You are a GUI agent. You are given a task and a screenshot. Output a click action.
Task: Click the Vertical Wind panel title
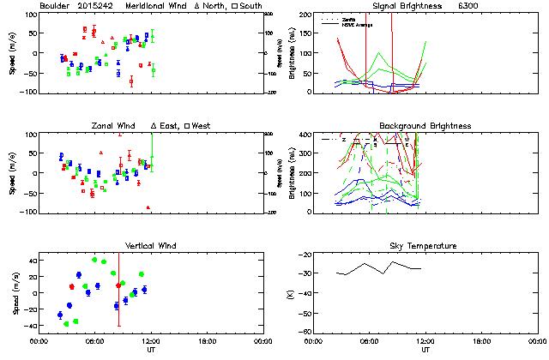click(x=150, y=246)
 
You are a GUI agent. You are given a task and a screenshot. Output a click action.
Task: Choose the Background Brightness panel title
click(x=425, y=126)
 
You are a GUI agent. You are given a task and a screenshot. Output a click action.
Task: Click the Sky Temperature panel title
click(x=425, y=246)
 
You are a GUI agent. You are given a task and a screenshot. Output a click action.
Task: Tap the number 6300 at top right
click(x=469, y=6)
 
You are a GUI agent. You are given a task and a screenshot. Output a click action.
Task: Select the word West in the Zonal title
click(x=202, y=126)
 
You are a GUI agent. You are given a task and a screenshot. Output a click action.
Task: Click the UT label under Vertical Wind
click(x=150, y=349)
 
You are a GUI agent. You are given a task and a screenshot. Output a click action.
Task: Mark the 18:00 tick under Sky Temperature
click(x=482, y=340)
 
